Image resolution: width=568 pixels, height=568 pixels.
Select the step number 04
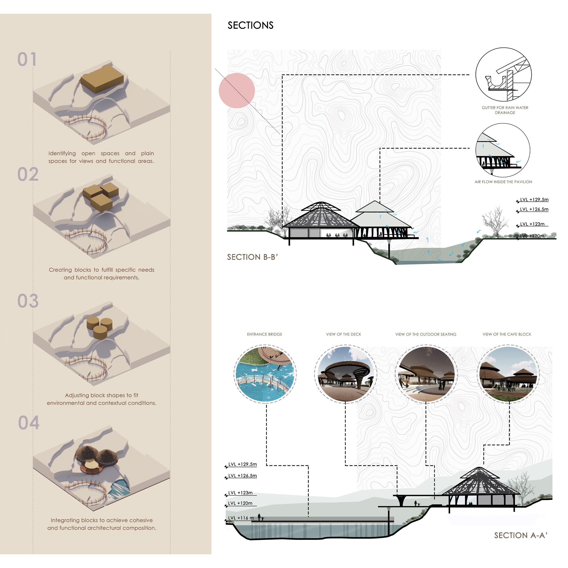(29, 423)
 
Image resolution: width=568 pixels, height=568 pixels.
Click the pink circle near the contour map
(237, 90)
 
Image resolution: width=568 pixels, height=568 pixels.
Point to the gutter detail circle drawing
(503, 75)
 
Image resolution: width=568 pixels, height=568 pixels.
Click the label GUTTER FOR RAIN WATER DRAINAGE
(505, 110)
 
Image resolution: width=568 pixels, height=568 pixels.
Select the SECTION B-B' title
(252, 257)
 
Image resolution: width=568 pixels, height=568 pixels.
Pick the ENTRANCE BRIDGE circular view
(265, 373)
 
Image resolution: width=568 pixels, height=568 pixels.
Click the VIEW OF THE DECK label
(343, 334)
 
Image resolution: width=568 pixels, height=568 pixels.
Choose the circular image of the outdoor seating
(426, 374)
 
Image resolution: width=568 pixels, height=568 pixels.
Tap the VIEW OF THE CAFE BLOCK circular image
(508, 374)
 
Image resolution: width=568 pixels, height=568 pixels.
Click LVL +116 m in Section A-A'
(241, 518)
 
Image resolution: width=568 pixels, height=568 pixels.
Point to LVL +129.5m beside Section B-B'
(534, 200)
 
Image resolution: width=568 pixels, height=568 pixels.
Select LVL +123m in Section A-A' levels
(240, 493)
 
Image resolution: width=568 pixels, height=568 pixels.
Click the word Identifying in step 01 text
(62, 153)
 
